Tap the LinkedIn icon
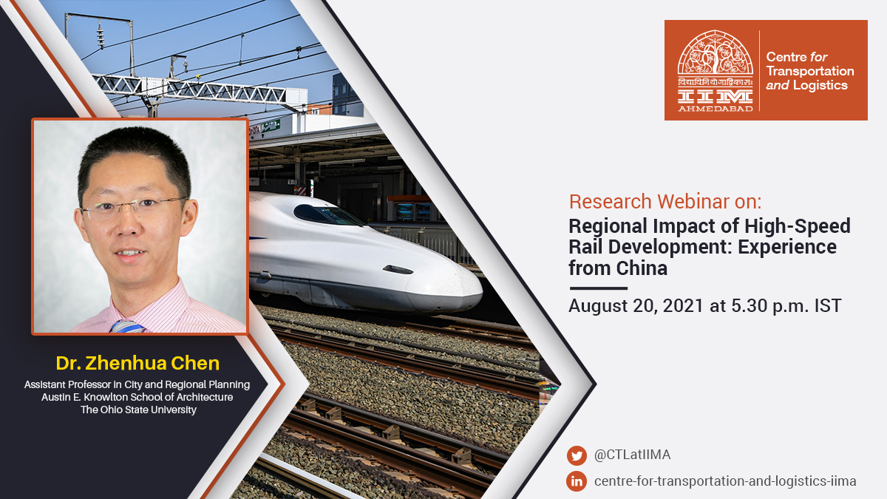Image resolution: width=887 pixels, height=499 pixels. (577, 481)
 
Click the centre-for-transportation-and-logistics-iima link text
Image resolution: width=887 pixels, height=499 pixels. (725, 481)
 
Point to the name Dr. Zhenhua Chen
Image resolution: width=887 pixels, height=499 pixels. (137, 363)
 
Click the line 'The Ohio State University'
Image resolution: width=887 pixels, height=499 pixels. (138, 410)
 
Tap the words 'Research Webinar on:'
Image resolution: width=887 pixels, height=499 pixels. (665, 201)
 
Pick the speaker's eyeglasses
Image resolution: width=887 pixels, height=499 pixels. (133, 209)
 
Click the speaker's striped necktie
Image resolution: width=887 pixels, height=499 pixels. (126, 326)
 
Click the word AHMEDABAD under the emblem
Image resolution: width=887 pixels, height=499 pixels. (715, 108)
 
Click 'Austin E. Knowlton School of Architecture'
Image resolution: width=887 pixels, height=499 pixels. (137, 397)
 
